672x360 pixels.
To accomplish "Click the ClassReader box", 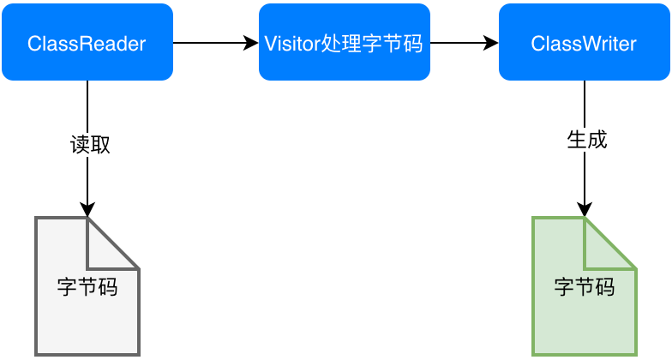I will click(87, 43).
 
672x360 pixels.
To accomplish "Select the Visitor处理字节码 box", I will click(344, 43).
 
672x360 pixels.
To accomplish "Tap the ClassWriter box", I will click(584, 43).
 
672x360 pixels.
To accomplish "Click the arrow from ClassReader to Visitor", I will click(214, 42).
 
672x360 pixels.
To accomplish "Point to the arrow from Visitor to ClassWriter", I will click(463, 42).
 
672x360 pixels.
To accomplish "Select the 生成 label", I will click(587, 140).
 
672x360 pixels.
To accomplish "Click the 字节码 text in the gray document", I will click(87, 286).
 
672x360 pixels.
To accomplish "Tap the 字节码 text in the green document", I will click(584, 286).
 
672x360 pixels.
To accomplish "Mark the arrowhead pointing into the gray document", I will click(87, 210).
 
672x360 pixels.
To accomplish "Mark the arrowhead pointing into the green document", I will click(584, 210).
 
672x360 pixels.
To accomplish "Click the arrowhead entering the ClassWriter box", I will click(492, 42).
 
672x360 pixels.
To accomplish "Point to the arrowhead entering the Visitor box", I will click(252, 42).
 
